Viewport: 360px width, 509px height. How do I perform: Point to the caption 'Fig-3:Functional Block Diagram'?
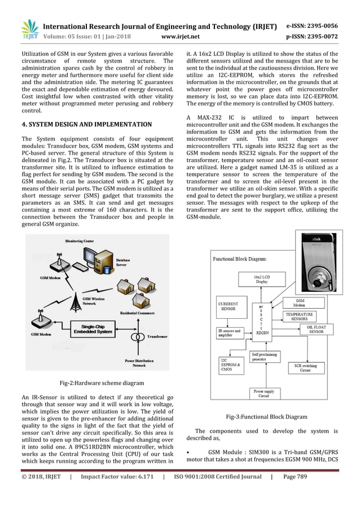coord(266,416)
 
